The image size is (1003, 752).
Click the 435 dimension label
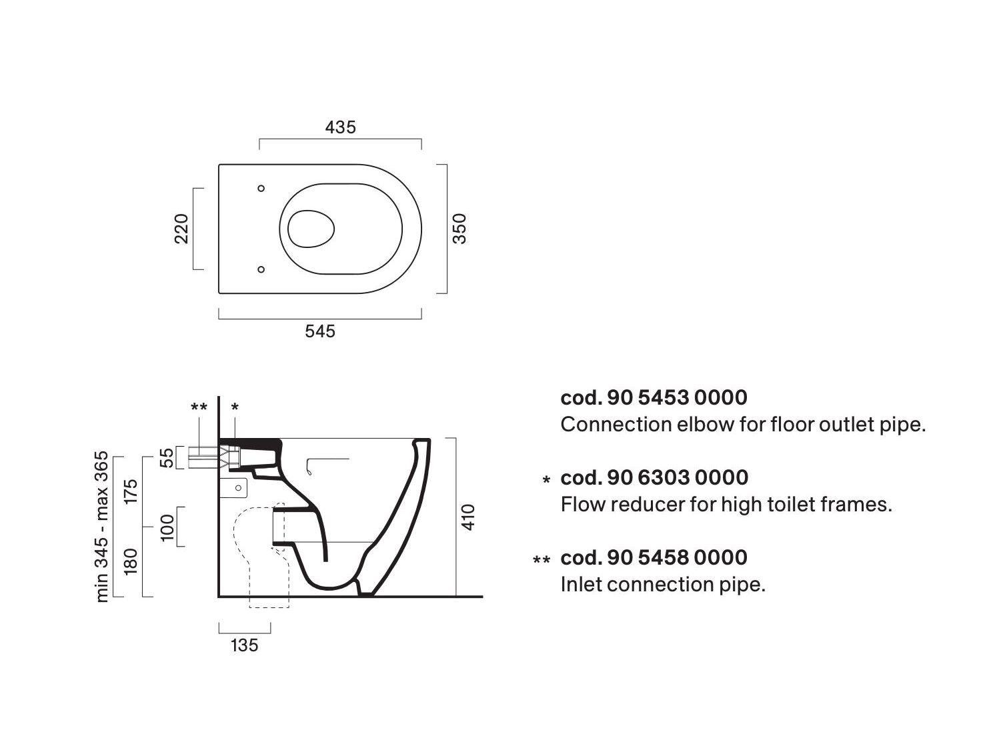[x=340, y=127]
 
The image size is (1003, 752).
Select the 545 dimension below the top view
[x=320, y=331]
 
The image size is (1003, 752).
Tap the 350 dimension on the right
[x=459, y=229]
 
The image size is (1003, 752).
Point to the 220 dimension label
[x=181, y=229]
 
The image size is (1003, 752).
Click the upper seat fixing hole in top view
[x=261, y=188]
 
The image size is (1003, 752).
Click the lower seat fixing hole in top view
[x=261, y=269]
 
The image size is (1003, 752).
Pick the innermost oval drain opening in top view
[x=311, y=229]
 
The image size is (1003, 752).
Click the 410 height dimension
[x=469, y=517]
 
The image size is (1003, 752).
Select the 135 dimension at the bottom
[x=245, y=645]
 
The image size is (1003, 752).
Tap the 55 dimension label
[x=168, y=457]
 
